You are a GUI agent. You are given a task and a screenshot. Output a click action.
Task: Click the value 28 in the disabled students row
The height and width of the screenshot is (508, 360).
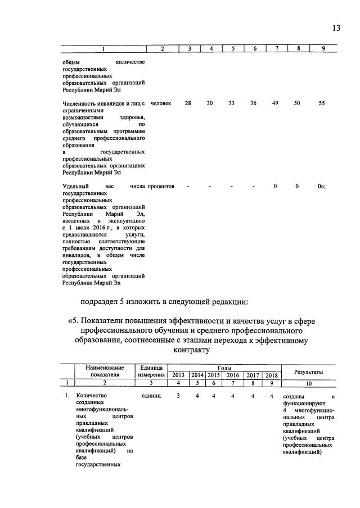[188, 103]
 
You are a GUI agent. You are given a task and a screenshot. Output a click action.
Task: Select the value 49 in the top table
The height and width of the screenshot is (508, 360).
[276, 103]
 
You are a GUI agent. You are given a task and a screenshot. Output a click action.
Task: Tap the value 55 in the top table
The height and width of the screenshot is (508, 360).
[321, 103]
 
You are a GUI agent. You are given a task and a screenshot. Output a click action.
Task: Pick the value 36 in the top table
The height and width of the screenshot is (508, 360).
[254, 103]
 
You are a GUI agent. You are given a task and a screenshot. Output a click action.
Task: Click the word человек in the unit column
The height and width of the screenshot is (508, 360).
[161, 103]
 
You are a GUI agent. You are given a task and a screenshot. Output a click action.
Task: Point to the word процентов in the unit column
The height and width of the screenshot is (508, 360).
[161, 185]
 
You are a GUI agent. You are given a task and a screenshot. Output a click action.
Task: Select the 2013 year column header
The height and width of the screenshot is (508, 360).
[178, 375]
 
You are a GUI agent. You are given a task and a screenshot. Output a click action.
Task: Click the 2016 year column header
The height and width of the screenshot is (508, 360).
[233, 375]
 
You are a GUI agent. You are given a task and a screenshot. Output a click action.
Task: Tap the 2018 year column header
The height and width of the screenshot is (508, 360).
[272, 375]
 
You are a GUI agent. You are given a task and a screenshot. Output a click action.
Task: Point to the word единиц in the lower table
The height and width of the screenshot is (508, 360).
[152, 397]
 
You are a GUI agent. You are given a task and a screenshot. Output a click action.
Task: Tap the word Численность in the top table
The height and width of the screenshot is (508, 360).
[82, 103]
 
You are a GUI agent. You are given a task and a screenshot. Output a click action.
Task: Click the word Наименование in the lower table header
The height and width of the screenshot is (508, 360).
[105, 367]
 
